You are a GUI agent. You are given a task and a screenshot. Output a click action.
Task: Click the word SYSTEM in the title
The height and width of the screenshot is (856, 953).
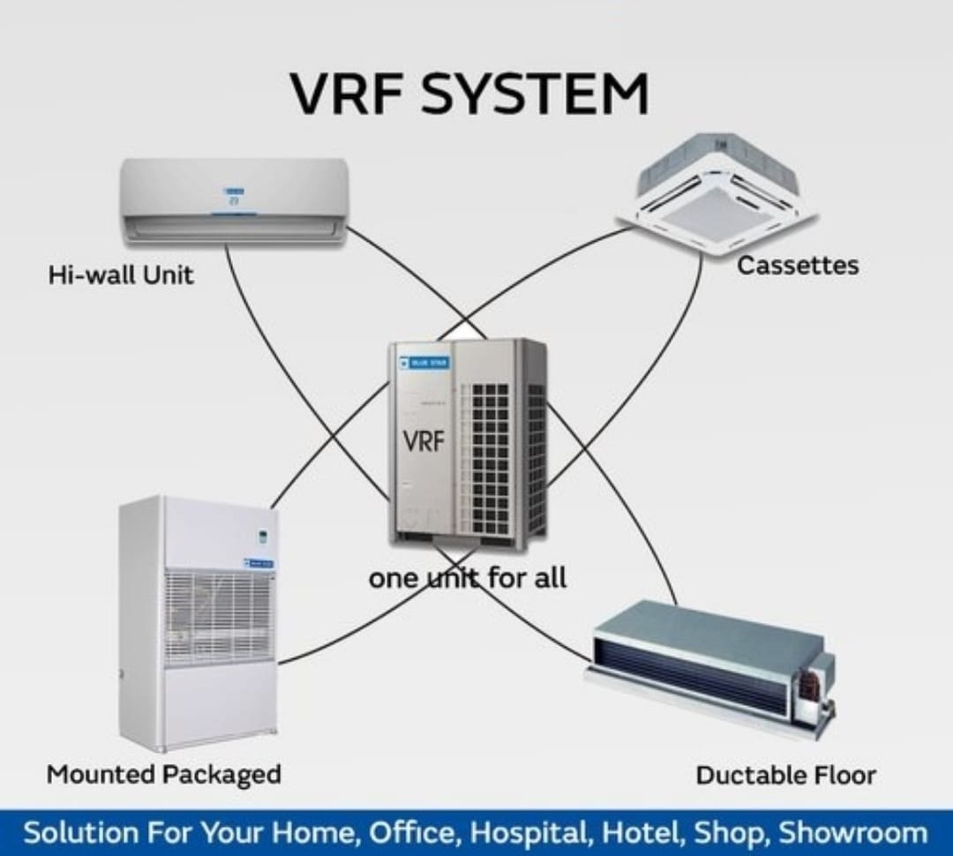[535, 94]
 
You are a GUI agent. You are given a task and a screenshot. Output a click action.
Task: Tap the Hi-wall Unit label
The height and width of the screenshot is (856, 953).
[121, 274]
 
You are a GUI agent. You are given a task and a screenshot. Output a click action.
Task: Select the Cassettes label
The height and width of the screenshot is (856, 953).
[797, 265]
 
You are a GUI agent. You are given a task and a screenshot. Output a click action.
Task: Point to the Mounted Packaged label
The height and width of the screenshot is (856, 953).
[163, 775]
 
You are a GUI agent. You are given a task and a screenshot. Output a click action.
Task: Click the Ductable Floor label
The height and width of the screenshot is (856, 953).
[785, 776]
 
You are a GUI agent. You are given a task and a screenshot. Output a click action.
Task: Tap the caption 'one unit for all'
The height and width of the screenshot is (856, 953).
[468, 579]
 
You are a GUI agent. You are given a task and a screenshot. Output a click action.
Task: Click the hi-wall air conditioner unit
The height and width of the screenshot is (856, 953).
[235, 200]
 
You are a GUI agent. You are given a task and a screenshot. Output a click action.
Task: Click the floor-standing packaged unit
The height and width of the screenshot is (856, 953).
[199, 622]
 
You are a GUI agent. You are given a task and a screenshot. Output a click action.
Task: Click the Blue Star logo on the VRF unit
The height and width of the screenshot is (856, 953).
[424, 361]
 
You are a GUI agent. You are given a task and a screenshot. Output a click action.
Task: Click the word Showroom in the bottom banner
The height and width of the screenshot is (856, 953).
[853, 833]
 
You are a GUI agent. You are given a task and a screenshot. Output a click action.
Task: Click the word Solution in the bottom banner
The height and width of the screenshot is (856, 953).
[81, 833]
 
